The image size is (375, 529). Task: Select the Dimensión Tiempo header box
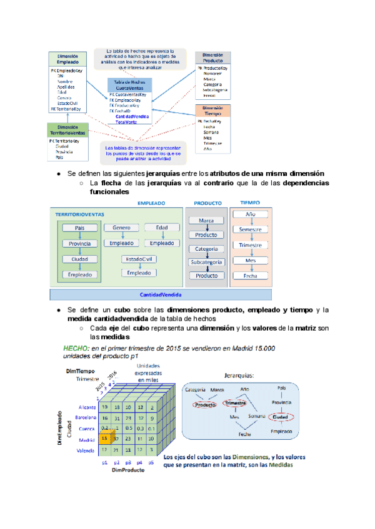pos(212,110)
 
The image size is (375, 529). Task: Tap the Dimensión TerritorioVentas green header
pos(67,130)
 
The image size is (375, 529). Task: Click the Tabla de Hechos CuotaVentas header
pos(131,85)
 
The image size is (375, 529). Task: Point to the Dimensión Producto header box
pos(213,58)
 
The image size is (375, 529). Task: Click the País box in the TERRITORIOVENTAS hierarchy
pos(79,228)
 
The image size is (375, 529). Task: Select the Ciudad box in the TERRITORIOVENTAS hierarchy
pos(79,259)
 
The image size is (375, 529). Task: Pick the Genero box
pos(121,228)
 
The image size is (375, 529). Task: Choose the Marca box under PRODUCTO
pos(206,221)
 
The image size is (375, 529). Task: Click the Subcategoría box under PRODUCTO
pos(206,262)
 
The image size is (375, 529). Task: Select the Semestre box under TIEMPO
pos(250,230)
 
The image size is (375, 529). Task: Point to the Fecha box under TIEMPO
pos(250,275)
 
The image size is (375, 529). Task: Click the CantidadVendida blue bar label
pos(161,294)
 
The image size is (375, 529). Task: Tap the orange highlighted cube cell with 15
pos(105,439)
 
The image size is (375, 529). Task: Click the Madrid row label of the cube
pos(86,440)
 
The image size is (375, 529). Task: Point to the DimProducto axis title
pos(128,471)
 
